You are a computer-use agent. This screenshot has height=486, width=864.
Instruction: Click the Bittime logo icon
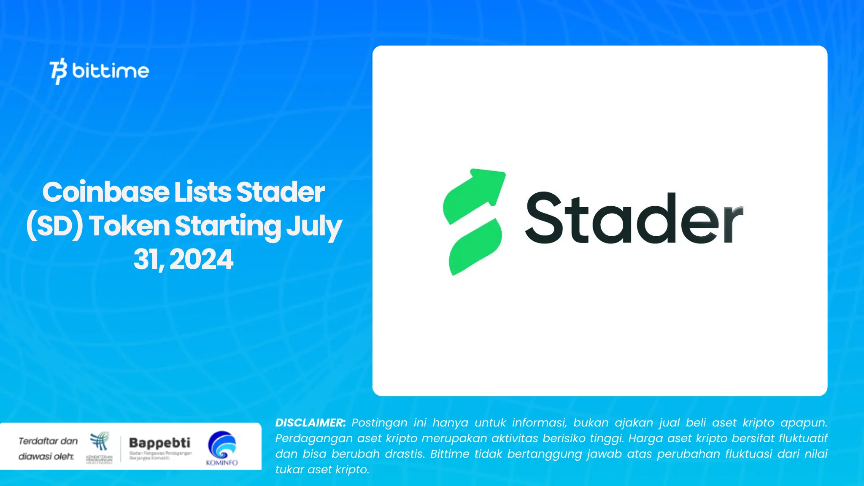coord(59,71)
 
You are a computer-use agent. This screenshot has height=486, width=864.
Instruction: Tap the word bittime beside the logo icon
coord(111,70)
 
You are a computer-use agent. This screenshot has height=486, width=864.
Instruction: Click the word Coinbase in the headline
coord(106,192)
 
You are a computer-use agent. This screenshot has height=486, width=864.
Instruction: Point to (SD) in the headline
coord(55,226)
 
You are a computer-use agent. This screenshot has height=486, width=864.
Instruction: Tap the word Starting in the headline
coord(228,226)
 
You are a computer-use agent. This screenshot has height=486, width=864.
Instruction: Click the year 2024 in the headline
coord(201,259)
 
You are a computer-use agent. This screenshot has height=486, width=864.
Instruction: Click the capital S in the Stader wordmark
coord(545,218)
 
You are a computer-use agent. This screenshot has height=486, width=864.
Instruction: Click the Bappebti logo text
coord(159,443)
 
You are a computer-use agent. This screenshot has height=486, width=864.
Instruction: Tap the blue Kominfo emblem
coord(222,445)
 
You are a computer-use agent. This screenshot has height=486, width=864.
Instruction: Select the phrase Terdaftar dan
coord(48,441)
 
